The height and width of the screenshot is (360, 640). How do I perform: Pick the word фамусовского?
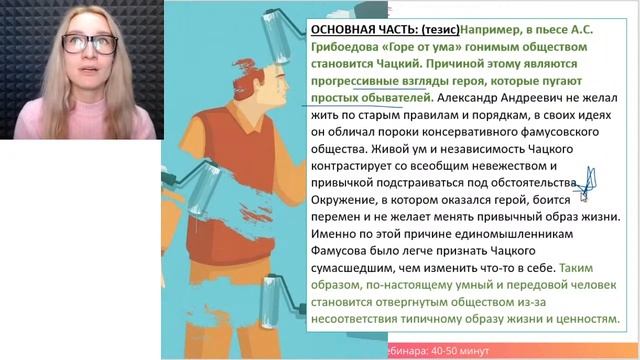(560, 132)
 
